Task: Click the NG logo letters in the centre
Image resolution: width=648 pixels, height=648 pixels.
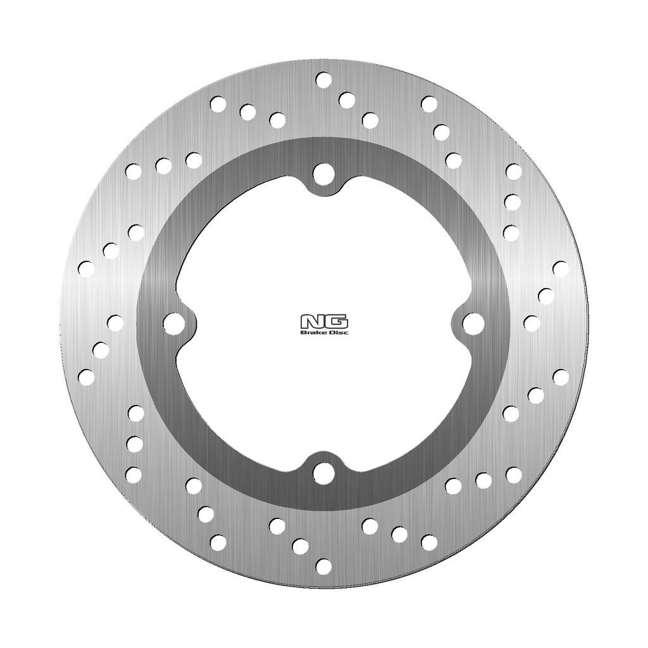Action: click(x=324, y=321)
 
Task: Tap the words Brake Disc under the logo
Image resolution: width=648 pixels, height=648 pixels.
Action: click(x=324, y=332)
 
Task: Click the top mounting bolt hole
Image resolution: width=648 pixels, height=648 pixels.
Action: click(x=323, y=173)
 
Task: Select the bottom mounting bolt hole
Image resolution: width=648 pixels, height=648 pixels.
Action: click(x=323, y=473)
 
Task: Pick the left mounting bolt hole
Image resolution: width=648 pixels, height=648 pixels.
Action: click(x=173, y=323)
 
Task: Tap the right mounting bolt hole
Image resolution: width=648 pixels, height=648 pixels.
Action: click(x=473, y=323)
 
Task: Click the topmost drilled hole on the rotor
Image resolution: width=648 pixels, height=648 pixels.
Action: click(x=323, y=80)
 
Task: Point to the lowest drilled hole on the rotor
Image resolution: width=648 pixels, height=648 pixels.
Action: click(x=323, y=566)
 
